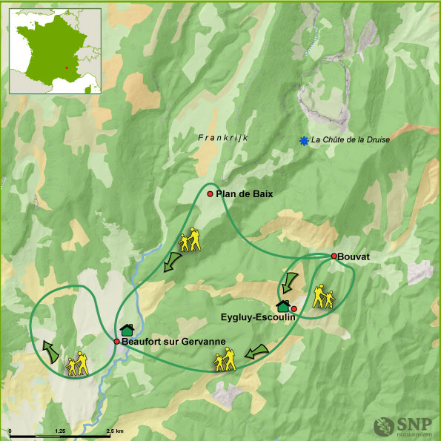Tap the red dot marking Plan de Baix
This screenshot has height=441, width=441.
(210, 194)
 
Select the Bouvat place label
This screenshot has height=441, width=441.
(355, 256)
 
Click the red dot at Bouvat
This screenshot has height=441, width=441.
(334, 256)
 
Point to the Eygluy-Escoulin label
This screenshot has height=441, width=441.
(258, 317)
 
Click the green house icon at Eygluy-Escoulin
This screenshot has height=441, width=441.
(282, 305)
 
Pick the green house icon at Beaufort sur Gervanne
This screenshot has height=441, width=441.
(127, 330)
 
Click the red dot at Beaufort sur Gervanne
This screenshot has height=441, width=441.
(116, 341)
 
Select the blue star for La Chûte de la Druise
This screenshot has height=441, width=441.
(303, 141)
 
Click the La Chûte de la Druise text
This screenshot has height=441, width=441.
(350, 139)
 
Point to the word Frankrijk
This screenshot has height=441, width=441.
(222, 138)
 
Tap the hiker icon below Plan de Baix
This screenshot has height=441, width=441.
(190, 240)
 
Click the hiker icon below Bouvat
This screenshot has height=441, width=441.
(323, 297)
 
